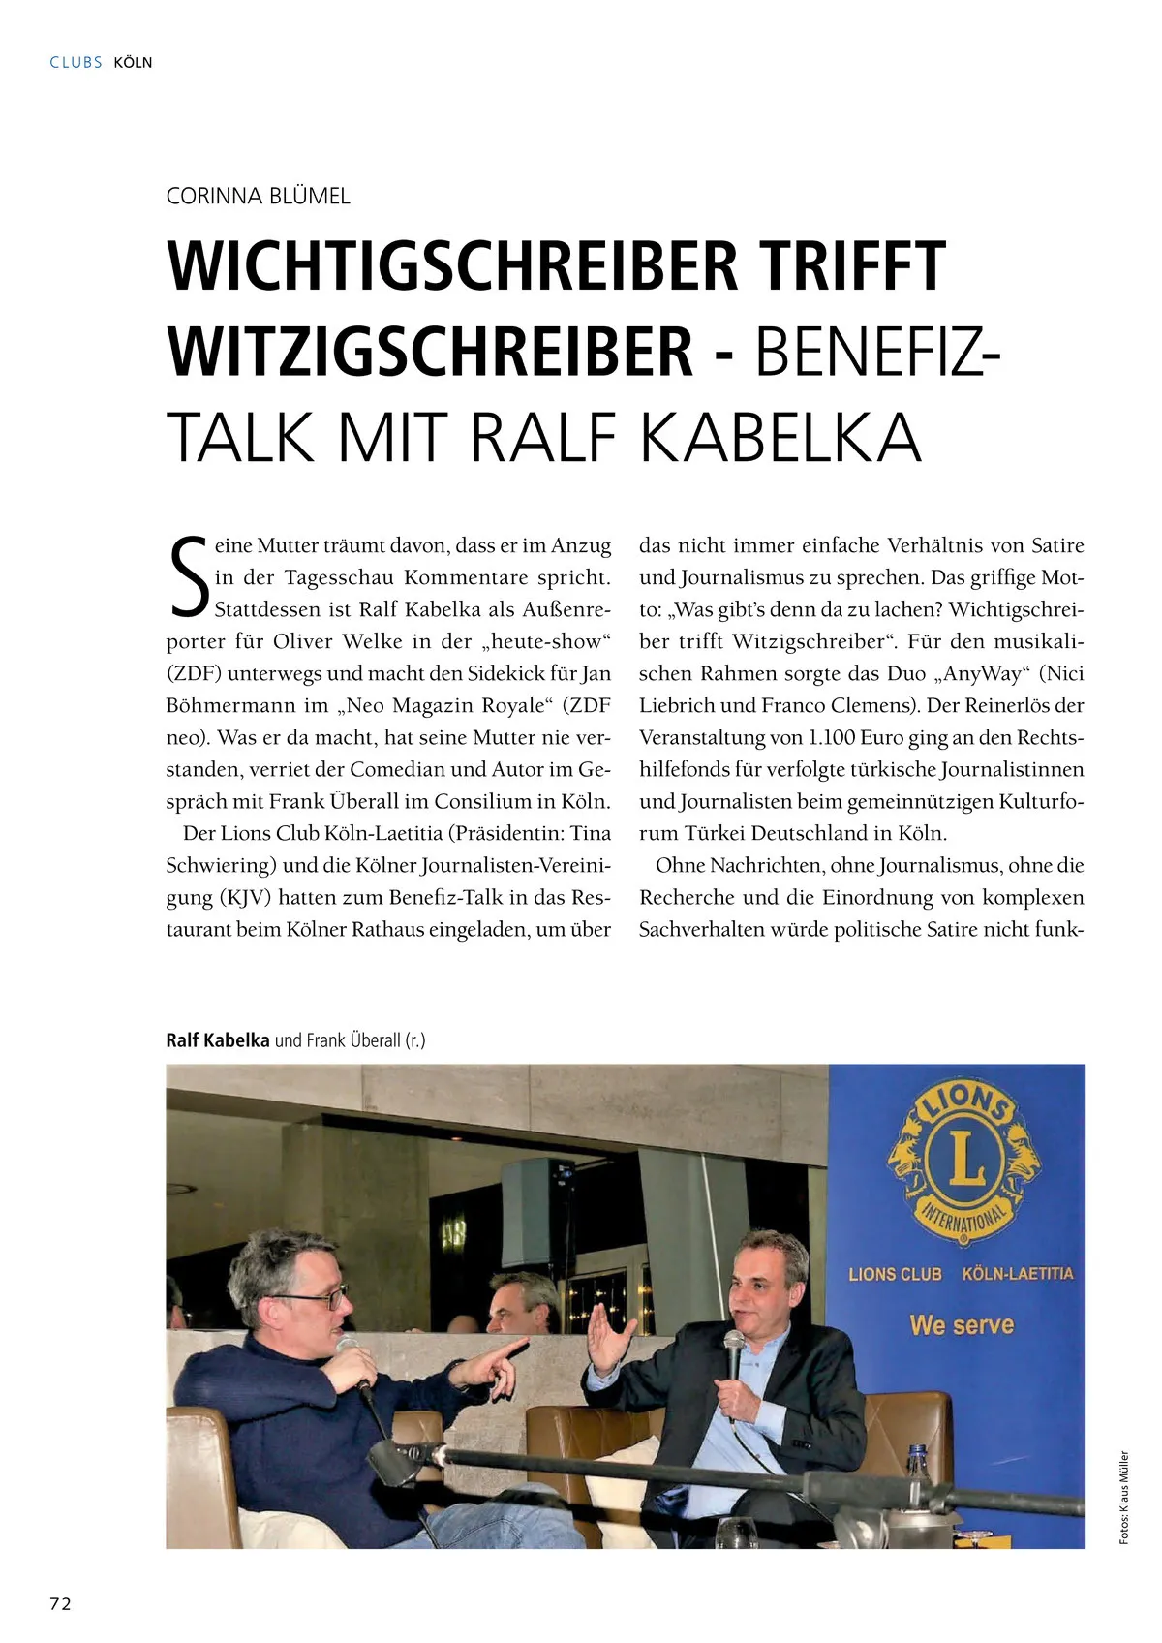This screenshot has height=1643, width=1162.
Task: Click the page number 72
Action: pyautogui.click(x=60, y=1603)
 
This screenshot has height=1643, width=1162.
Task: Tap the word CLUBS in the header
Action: pyautogui.click(x=76, y=62)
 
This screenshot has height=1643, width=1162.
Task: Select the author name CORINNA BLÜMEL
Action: pyautogui.click(x=258, y=196)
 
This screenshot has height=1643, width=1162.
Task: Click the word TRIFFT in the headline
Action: pyautogui.click(x=851, y=265)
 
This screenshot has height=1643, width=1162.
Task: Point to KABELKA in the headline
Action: pyautogui.click(x=780, y=438)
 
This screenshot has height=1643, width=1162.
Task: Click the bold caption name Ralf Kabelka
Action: pyautogui.click(x=218, y=1040)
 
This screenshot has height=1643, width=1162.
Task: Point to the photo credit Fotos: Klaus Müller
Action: pyautogui.click(x=1124, y=1497)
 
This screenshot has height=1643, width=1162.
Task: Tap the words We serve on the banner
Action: pyautogui.click(x=962, y=1324)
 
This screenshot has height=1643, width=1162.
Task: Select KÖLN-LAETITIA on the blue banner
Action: pyautogui.click(x=1018, y=1273)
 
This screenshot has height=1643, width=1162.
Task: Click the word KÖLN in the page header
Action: pyautogui.click(x=133, y=62)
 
